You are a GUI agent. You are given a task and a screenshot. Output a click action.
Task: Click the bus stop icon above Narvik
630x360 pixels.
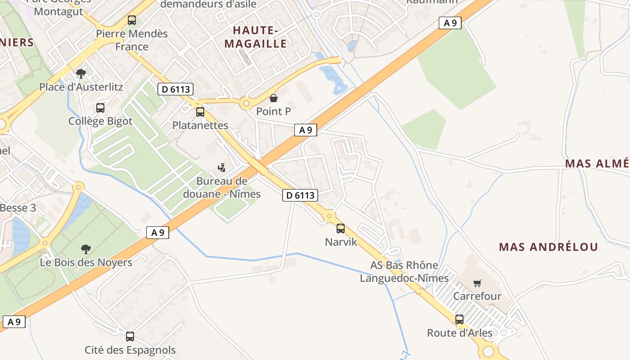341,228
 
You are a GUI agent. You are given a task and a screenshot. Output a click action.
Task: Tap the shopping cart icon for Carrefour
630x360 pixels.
477,283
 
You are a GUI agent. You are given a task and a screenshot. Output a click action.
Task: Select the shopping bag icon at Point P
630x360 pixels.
273,98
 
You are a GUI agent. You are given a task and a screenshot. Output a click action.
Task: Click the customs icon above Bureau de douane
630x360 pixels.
221,168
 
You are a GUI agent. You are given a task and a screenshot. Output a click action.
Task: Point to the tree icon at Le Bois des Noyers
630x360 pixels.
86,249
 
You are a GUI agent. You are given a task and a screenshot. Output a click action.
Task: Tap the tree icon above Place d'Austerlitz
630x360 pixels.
81,73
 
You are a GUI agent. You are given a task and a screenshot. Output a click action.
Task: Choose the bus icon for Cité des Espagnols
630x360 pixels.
130,336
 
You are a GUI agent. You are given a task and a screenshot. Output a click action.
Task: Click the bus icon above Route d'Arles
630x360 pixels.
459,319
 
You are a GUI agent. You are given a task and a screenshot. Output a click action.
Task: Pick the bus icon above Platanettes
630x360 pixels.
200,112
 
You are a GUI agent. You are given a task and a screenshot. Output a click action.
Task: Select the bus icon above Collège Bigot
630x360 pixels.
100,108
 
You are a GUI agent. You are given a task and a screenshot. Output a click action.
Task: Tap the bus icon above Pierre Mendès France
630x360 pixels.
131,20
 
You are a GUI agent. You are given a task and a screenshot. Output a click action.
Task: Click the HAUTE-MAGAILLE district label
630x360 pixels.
256,37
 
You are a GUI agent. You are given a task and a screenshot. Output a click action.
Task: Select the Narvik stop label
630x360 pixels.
341,242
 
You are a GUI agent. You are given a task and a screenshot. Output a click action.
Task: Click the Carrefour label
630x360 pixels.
477,296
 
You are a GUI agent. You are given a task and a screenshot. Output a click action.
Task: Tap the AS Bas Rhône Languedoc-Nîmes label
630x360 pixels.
404,272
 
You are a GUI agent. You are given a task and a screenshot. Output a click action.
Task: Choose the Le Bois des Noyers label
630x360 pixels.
86,262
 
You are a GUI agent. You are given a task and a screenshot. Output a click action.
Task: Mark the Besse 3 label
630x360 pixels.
18,208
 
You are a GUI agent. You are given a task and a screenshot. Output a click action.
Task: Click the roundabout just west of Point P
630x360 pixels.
246,104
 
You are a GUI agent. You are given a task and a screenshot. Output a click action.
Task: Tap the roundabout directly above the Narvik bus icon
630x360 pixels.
329,216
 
